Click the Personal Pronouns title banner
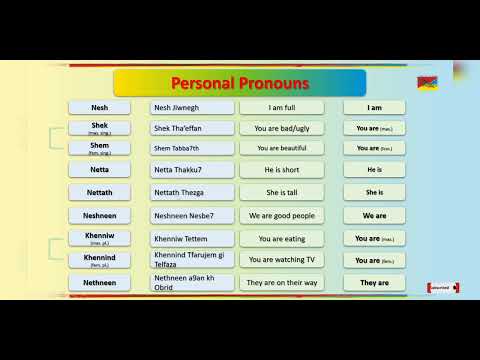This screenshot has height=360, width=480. click(239, 82)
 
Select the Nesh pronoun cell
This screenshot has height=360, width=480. click(99, 107)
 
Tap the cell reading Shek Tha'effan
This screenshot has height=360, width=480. click(191, 128)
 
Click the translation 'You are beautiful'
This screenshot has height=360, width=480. click(281, 148)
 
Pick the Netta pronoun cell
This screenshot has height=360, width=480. click(99, 170)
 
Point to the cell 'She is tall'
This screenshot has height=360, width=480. click(281, 192)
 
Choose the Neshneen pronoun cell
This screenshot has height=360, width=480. click(99, 215)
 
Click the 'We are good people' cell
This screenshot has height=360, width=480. click(281, 215)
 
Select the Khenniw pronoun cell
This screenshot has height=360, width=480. click(99, 239)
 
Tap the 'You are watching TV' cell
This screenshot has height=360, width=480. click(281, 260)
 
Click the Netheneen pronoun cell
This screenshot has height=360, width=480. click(99, 283)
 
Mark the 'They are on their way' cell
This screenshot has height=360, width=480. click(281, 283)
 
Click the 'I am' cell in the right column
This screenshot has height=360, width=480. click(374, 107)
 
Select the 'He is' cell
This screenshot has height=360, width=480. click(374, 170)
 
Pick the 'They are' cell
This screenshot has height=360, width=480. click(374, 283)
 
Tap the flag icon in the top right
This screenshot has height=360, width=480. click(425, 82)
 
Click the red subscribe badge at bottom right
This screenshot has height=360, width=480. click(443, 288)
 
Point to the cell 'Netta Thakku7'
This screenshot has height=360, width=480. click(191, 170)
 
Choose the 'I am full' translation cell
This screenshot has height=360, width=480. click(281, 107)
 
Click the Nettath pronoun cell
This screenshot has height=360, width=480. click(99, 192)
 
